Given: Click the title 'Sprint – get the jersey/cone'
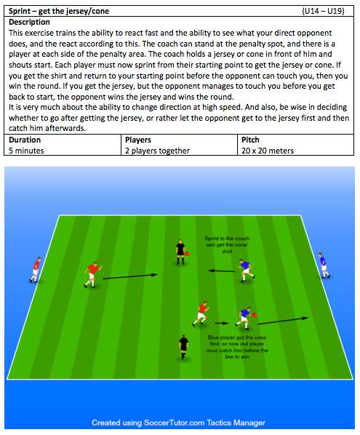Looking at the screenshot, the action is [x=59, y=11].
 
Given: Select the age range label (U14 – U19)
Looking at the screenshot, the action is [x=323, y=11].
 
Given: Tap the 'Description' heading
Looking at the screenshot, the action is [x=29, y=22].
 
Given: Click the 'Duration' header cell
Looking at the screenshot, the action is [x=25, y=140].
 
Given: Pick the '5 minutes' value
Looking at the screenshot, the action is [x=26, y=151].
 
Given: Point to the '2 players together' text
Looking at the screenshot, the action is [x=157, y=151].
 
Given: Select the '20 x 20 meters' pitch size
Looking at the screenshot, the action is [x=268, y=151].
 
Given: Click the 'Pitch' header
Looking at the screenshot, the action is [x=250, y=140].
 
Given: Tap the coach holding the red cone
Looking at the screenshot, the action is [x=180, y=252].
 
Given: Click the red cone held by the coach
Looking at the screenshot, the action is [x=187, y=253].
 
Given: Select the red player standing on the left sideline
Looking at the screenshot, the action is [x=36, y=270].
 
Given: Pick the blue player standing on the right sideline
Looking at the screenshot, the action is [x=324, y=266].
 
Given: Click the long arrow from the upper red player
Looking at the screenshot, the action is [x=130, y=276].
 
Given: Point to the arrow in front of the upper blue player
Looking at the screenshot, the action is [x=222, y=271].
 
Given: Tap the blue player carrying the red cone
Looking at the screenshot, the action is [x=246, y=318].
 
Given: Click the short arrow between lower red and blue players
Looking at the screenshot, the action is [x=222, y=323].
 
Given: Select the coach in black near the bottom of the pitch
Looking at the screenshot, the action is [x=183, y=347].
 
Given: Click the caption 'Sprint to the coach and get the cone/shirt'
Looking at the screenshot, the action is [x=227, y=244].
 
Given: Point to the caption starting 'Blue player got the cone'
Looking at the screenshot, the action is [x=237, y=347].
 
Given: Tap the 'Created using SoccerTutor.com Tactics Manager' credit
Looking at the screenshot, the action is [x=178, y=423].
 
